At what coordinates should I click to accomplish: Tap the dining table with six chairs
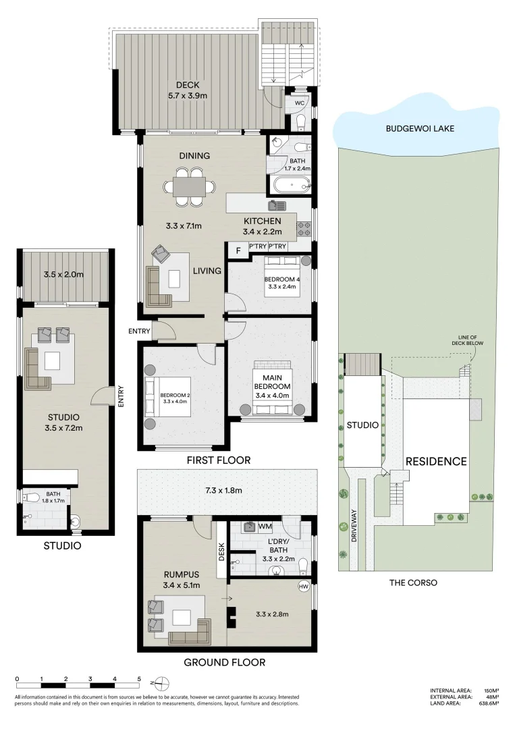click(189, 186)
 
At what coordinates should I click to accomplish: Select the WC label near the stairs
click(300, 103)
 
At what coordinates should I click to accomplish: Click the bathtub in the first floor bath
click(291, 183)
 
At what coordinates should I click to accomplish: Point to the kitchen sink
click(277, 205)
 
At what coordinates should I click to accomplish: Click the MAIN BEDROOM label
click(271, 381)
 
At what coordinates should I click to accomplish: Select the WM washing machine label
click(265, 526)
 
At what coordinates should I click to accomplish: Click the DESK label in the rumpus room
click(221, 553)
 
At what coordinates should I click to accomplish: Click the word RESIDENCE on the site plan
click(435, 462)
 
